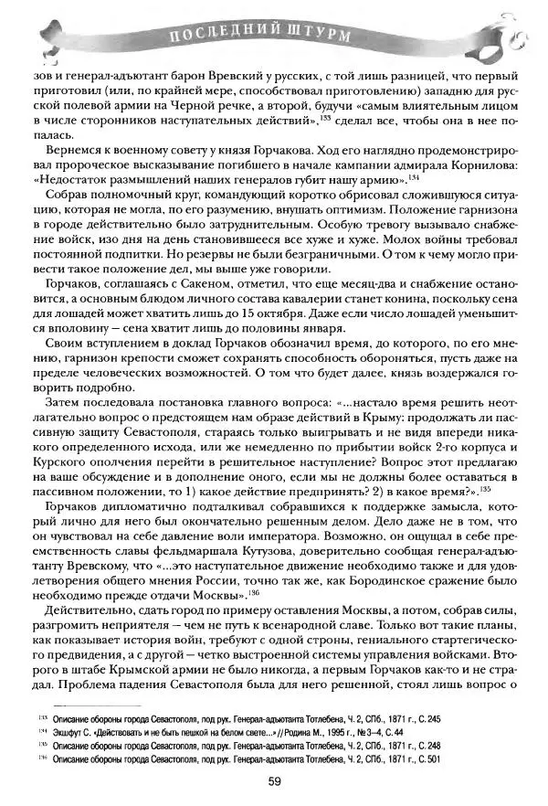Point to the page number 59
[273, 779]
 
